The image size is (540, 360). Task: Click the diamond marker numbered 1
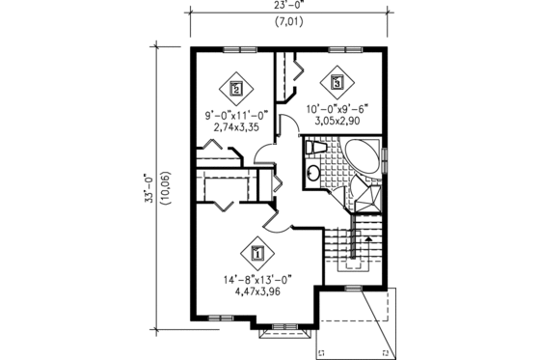click(257, 255)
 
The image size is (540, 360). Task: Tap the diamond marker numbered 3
click(337, 83)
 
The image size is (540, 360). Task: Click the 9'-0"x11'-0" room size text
click(235, 115)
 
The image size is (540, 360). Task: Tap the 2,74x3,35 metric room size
click(235, 126)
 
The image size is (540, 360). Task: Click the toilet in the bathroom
click(315, 149)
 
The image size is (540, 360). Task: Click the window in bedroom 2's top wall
click(236, 48)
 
